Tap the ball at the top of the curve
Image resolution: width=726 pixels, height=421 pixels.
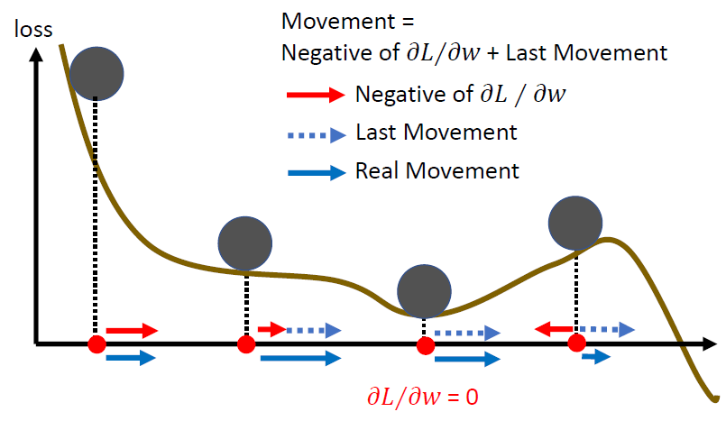[96, 71]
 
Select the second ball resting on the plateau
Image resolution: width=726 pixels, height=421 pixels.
[244, 242]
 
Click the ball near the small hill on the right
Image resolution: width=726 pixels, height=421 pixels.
[575, 223]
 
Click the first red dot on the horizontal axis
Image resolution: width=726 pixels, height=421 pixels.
[96, 343]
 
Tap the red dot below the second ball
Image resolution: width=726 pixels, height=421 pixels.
[245, 343]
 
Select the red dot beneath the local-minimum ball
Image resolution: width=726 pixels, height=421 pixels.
[424, 343]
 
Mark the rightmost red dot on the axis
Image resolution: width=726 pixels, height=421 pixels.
[575, 343]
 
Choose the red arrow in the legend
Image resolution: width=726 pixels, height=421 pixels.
[314, 95]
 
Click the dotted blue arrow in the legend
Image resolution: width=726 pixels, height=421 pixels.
[314, 134]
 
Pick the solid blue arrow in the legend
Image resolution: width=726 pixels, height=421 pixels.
[314, 171]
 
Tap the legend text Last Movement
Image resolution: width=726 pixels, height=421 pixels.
[437, 133]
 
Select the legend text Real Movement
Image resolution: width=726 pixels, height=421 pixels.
[437, 170]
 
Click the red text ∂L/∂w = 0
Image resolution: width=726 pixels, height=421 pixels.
[421, 396]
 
